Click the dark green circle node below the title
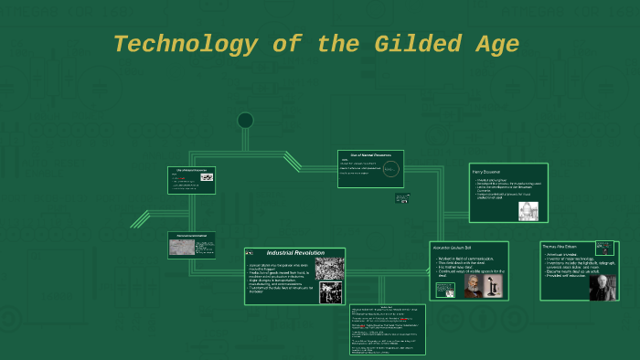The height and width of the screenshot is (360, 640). coord(245,121)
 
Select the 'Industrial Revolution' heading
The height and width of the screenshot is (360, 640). coord(294,253)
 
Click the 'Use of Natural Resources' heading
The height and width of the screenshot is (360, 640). coord(370,155)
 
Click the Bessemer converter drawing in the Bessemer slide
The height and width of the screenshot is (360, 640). coord(528,211)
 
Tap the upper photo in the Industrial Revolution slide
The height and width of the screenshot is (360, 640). coord(329,269)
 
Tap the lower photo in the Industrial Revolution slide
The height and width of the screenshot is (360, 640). coord(330,292)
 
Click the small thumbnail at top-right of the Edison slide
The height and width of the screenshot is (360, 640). coord(603,248)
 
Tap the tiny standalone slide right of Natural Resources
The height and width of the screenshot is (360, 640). coord(402,197)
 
